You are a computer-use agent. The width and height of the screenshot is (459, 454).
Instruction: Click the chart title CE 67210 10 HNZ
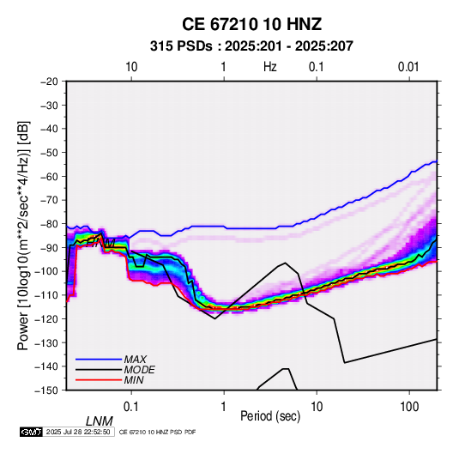click(251, 24)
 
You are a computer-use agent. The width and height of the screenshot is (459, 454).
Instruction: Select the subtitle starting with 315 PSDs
click(251, 46)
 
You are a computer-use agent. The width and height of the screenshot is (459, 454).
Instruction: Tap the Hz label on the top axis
click(270, 67)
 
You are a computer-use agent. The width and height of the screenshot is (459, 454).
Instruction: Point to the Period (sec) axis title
click(270, 416)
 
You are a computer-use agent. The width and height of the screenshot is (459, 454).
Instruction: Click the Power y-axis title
click(23, 235)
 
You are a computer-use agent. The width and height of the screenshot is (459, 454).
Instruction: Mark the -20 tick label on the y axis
click(49, 82)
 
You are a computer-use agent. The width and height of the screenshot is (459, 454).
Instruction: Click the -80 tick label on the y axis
click(49, 224)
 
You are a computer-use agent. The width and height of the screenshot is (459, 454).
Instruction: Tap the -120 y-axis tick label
click(46, 318)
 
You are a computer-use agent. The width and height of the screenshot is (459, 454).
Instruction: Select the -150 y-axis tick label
click(46, 390)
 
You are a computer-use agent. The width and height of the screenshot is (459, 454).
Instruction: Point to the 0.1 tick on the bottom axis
click(130, 407)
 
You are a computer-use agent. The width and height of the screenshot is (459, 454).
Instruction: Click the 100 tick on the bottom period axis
click(409, 407)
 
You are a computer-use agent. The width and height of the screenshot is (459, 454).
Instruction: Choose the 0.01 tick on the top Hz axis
click(408, 67)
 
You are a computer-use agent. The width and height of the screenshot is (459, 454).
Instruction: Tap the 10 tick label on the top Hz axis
click(131, 67)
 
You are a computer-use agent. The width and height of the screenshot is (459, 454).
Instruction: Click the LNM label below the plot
click(100, 421)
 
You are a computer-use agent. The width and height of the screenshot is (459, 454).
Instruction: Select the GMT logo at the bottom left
click(31, 432)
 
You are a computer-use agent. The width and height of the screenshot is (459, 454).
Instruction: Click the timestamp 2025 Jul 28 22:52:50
click(78, 432)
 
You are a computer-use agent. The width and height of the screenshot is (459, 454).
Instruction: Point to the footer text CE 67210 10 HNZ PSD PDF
click(158, 432)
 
